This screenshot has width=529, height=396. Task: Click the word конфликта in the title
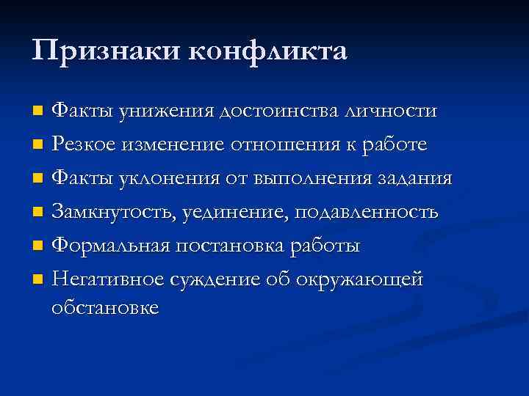(x=268, y=51)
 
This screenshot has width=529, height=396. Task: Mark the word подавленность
(x=367, y=212)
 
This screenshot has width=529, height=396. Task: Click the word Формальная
(x=109, y=246)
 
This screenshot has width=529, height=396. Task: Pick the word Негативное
(x=107, y=279)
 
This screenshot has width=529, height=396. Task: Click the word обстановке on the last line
(x=105, y=307)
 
